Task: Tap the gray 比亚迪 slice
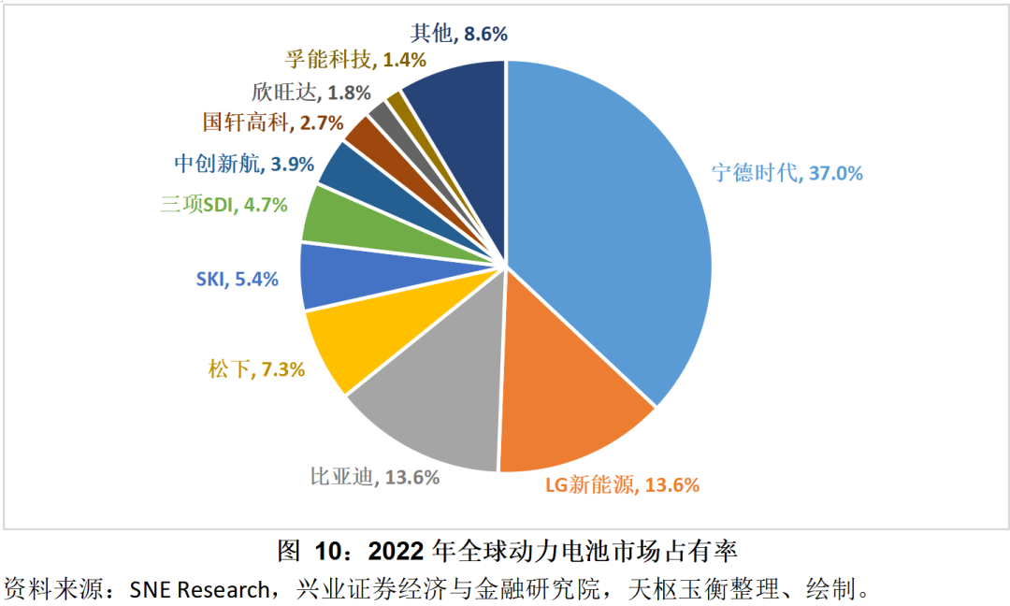[430, 411]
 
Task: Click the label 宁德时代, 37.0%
[787, 173]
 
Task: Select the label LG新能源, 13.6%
[622, 484]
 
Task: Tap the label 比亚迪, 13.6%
[375, 477]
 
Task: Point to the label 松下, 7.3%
[256, 368]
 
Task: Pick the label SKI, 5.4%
[237, 279]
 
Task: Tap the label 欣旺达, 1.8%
[311, 93]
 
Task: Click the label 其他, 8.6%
[458, 34]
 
